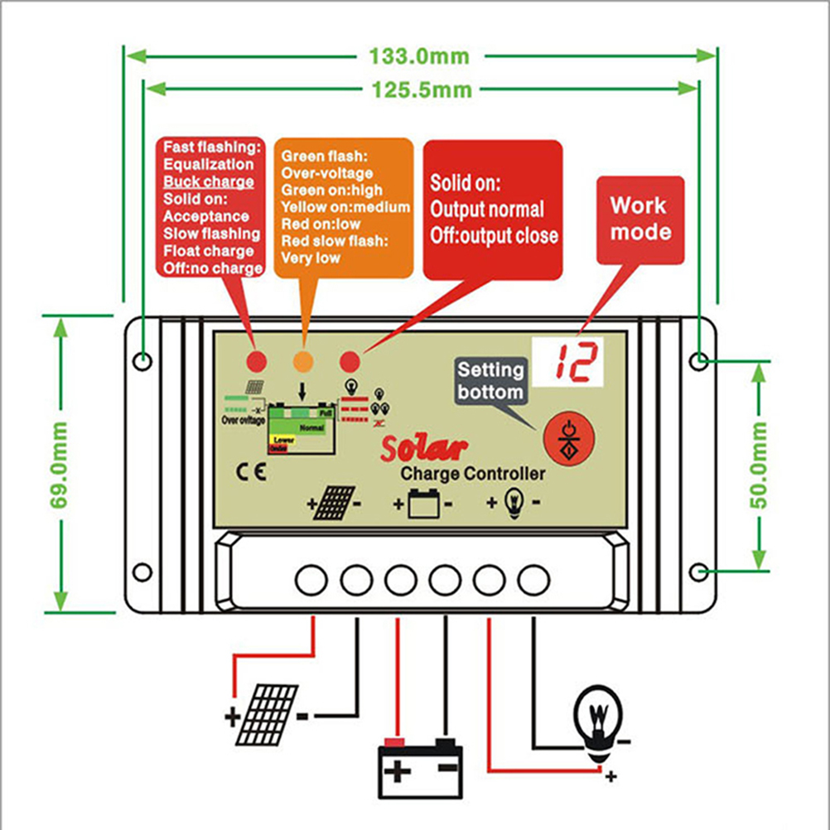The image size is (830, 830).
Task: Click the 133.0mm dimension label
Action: pyautogui.click(x=415, y=56)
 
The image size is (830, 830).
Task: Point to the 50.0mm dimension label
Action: pyautogui.click(x=760, y=465)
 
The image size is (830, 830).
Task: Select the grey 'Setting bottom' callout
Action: pyautogui.click(x=490, y=381)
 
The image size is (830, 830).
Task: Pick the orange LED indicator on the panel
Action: pyautogui.click(x=303, y=361)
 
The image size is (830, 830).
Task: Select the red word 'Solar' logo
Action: pyautogui.click(x=423, y=447)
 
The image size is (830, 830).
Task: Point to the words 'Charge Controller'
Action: pyautogui.click(x=473, y=474)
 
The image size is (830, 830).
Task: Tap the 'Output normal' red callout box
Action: pyautogui.click(x=493, y=209)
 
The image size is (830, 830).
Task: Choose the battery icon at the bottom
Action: pyautogui.click(x=419, y=760)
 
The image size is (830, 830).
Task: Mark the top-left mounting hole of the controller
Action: pyautogui.click(x=143, y=361)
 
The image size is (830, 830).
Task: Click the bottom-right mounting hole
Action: pyautogui.click(x=700, y=572)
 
